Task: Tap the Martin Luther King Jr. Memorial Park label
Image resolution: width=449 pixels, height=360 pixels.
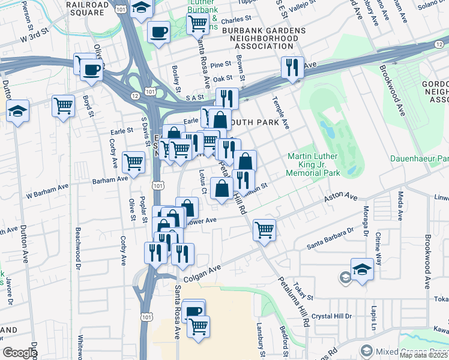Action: point(313,164)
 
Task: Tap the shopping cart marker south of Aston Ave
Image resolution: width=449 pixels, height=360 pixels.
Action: point(264,230)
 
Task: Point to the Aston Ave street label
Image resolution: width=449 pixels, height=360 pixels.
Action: point(340,198)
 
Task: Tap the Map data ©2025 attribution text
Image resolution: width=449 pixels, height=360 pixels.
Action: point(424,355)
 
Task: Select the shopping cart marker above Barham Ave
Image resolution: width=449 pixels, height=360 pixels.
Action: point(133,161)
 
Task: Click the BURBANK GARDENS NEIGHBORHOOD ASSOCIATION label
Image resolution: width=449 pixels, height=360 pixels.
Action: point(264,38)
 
